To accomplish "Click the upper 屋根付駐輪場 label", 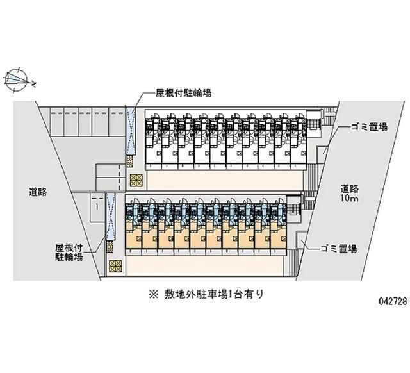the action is [183, 93].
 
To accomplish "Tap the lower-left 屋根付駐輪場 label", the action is [69, 252].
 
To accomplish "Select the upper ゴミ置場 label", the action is [369, 127].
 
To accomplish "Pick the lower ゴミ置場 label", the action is [339, 249].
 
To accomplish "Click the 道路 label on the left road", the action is [38, 192].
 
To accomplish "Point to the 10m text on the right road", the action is [349, 198].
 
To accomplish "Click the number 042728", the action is [393, 301].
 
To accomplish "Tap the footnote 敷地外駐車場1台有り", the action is [213, 295].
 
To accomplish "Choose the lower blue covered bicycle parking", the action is [110, 217].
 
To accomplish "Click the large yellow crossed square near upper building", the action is [136, 180].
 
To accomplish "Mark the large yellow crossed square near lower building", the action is [115, 266].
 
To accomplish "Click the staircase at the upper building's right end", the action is [315, 124].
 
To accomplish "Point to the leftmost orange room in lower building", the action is [134, 235].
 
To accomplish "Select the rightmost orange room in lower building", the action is [278, 235].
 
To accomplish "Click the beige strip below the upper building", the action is [225, 180].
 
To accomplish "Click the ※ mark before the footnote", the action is [154, 295].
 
